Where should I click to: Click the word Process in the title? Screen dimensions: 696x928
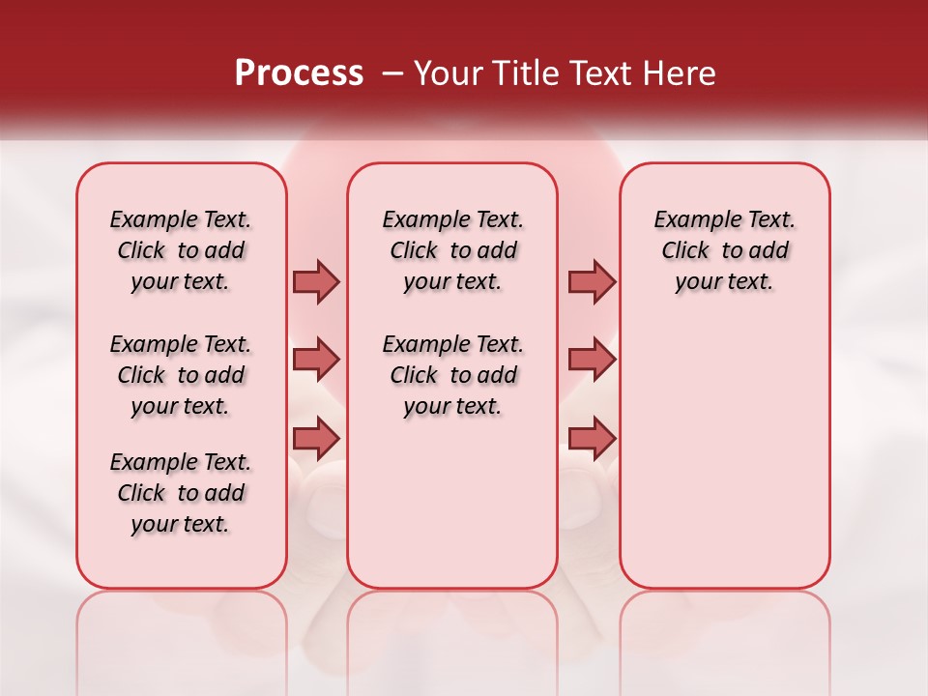pyautogui.click(x=299, y=73)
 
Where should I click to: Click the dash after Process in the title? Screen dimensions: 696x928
pyautogui.click(x=392, y=73)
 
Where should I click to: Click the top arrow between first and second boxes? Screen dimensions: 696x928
pyautogui.click(x=316, y=281)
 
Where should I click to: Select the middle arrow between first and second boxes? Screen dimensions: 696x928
pyautogui.click(x=316, y=360)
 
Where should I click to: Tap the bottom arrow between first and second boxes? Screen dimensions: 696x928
pyautogui.click(x=316, y=438)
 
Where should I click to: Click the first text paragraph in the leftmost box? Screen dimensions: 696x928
pyautogui.click(x=181, y=250)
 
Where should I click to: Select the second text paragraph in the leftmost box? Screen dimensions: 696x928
pyautogui.click(x=181, y=375)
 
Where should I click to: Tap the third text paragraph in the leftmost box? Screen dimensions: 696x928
pyautogui.click(x=181, y=493)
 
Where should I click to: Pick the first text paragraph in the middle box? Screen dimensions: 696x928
pyautogui.click(x=453, y=250)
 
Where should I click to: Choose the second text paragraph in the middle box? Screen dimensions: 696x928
pyautogui.click(x=453, y=375)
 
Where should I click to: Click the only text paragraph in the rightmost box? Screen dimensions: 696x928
pyautogui.click(x=725, y=250)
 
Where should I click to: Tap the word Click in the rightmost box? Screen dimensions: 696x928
pyautogui.click(x=685, y=251)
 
